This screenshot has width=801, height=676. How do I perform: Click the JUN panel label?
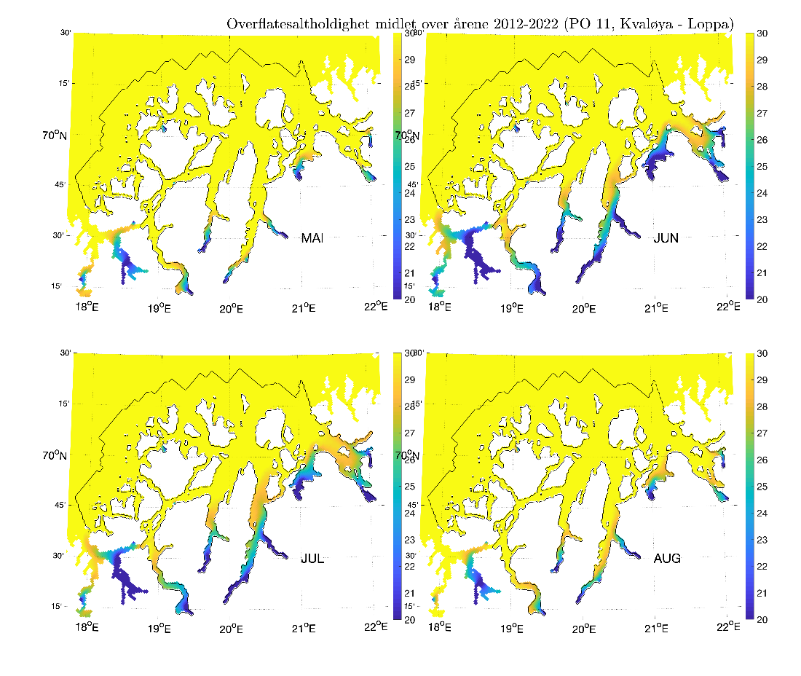tap(666, 238)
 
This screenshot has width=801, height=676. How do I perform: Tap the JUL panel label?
tap(312, 559)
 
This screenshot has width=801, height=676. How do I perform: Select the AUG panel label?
tap(667, 559)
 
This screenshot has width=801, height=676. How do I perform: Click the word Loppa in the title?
tap(712, 24)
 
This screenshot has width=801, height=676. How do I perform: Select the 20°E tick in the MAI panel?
tap(231, 308)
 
